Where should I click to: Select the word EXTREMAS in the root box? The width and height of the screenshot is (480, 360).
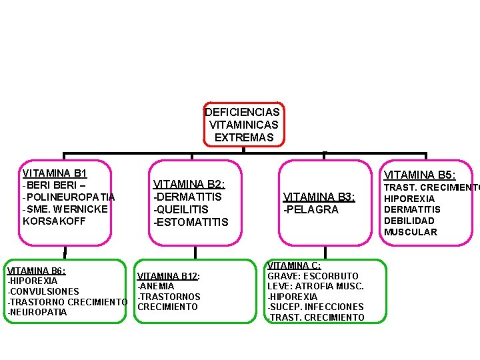point(244,137)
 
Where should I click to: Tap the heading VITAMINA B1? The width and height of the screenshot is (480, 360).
point(55,173)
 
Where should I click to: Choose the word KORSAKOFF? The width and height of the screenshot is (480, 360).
point(54,221)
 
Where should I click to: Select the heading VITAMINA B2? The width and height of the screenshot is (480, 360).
point(189,185)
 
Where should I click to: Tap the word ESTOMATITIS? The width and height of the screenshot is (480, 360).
point(193,222)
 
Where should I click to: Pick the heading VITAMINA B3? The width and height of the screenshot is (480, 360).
point(319,197)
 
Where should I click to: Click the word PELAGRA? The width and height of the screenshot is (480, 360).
point(313,209)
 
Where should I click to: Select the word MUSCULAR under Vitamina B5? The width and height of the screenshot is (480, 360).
point(411,232)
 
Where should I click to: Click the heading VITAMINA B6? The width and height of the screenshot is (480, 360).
point(36,271)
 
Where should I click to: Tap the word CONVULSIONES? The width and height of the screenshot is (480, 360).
point(44,291)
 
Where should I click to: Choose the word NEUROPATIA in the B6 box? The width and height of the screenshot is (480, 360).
point(38,312)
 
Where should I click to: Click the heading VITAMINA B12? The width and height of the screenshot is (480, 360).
point(169,276)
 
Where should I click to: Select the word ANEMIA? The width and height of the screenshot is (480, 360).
point(157,286)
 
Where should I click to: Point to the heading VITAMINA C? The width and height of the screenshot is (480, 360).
point(294,265)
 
